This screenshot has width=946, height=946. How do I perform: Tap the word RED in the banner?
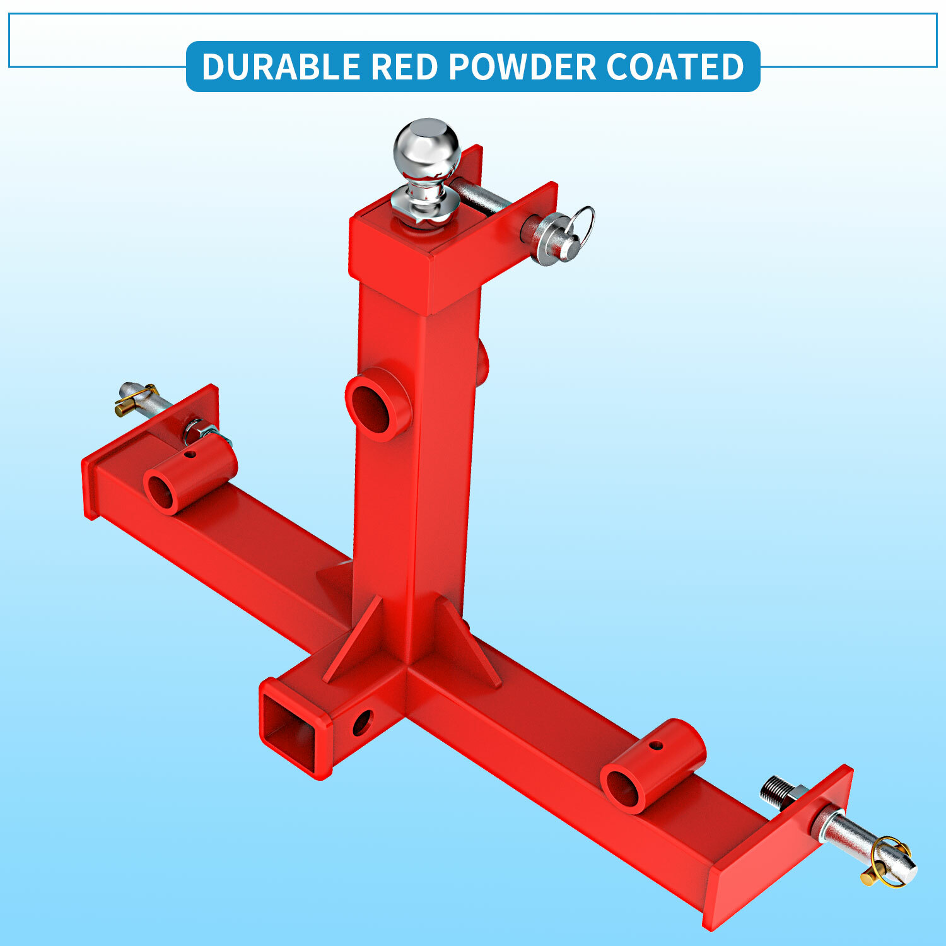click(404, 66)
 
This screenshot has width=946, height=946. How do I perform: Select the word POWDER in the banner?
click(522, 66)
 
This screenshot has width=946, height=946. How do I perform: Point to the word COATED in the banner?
click(675, 66)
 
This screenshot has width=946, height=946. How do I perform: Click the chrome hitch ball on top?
click(427, 148)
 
